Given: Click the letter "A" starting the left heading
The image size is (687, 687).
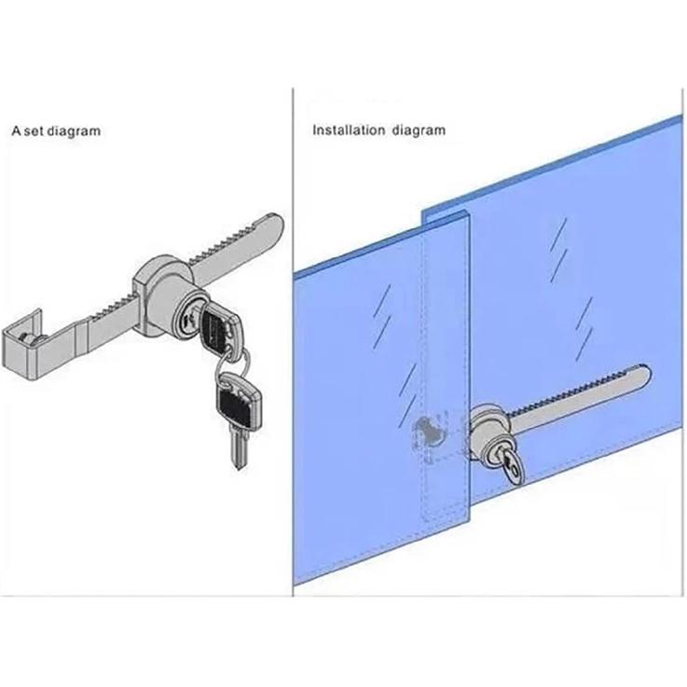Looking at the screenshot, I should tap(15, 131).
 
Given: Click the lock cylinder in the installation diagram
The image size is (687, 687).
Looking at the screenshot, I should tap(489, 429).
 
